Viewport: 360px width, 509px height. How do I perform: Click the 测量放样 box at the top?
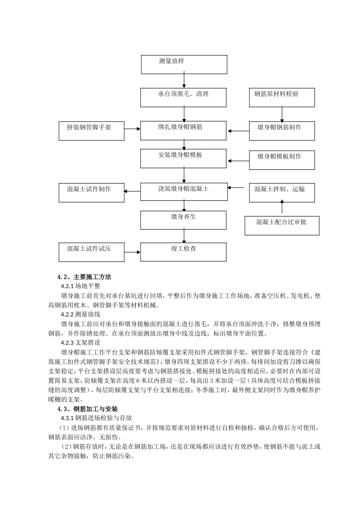pos(184,64)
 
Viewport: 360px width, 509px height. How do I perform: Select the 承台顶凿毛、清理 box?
pos(184,98)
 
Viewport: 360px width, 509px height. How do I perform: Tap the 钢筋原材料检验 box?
pos(282,98)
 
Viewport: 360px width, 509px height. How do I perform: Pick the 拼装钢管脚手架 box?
pos(92,131)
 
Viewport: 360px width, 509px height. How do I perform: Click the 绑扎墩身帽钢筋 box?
pos(184,131)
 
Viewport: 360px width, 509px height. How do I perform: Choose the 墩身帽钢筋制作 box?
pos(282,131)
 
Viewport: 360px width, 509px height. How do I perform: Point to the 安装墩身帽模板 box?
pos(184,158)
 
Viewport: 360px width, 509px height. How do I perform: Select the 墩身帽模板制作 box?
pos(282,160)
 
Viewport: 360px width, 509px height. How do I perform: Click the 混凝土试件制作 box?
pos(92,192)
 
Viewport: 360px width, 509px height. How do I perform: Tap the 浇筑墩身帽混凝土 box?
pos(184,192)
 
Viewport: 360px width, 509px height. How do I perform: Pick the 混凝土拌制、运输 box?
pos(282,192)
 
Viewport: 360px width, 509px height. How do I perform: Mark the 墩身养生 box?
pos(184,220)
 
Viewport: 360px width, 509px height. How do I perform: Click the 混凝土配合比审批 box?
pos(282,225)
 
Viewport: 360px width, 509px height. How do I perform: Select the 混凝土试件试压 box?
pos(92,252)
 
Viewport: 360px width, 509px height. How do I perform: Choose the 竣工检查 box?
pos(184,252)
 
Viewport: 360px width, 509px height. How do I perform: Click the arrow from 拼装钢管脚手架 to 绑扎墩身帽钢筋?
pos(132,129)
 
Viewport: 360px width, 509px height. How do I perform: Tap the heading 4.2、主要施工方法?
pos(84,277)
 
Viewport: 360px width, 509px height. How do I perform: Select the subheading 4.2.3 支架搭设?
pos(80,342)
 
